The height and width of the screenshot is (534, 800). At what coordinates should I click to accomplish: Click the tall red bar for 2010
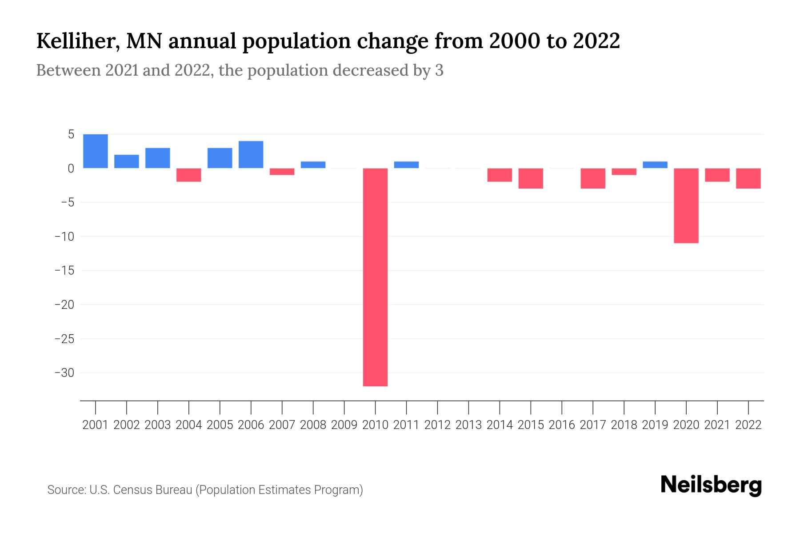click(375, 277)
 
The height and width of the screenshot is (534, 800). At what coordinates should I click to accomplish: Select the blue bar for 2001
click(96, 151)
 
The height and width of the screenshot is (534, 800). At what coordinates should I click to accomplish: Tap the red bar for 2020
click(686, 206)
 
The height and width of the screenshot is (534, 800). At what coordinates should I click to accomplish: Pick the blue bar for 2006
click(251, 154)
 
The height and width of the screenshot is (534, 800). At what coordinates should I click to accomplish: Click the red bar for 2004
click(188, 175)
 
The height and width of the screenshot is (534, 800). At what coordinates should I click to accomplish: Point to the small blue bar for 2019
click(655, 165)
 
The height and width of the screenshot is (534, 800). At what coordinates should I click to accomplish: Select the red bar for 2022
click(748, 178)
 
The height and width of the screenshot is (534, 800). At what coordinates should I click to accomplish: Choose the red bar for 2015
click(530, 178)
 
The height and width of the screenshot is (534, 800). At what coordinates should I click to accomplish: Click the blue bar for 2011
click(406, 165)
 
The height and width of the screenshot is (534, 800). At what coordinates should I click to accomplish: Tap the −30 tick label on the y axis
click(64, 373)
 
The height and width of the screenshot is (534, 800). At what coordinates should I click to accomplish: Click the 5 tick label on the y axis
click(70, 134)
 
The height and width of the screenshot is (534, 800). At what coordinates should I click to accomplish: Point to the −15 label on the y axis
click(64, 271)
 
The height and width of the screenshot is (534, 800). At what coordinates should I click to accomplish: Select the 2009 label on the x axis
click(344, 425)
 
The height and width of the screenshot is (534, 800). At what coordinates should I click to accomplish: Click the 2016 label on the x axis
click(561, 425)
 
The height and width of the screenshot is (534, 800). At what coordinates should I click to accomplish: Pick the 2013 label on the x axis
click(468, 425)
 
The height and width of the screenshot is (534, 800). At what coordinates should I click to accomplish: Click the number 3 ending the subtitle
click(439, 71)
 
